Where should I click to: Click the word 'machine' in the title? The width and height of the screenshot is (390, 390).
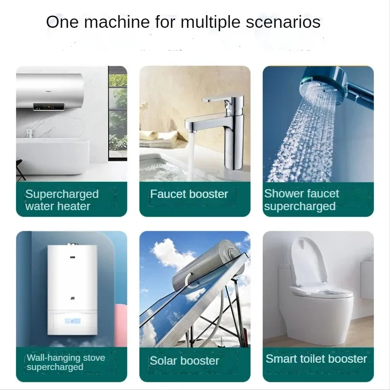tap(107, 22)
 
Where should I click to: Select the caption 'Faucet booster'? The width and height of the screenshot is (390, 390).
tap(189, 194)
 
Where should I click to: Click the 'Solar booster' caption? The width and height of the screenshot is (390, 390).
tap(184, 361)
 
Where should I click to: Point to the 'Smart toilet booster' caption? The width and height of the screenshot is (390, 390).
tap(316, 359)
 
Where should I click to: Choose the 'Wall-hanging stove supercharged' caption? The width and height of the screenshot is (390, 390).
tap(66, 362)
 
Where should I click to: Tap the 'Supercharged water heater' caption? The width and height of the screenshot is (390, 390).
tap(62, 200)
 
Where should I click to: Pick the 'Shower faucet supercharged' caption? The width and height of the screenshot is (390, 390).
tap(301, 200)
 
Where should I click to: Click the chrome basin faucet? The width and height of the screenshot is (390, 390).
tap(233, 132)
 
